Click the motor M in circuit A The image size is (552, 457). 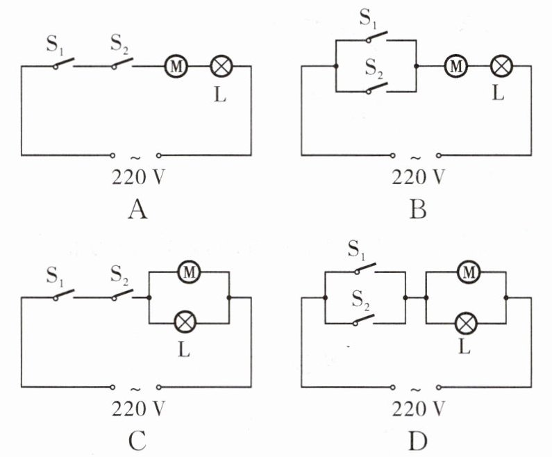pyautogui.click(x=176, y=66)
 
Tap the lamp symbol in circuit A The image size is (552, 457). pyautogui.click(x=221, y=66)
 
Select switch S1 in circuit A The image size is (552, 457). pyautogui.click(x=64, y=63)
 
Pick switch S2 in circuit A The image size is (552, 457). pyautogui.click(x=122, y=63)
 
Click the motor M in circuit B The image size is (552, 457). pyautogui.click(x=456, y=66)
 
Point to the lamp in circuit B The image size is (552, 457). pyautogui.click(x=501, y=66)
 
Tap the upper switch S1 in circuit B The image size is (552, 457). pyautogui.click(x=377, y=37)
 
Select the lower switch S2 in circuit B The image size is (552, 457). pyautogui.click(x=377, y=88)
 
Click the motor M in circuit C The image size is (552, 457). pyautogui.click(x=189, y=272)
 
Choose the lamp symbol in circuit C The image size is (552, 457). pyautogui.click(x=185, y=322)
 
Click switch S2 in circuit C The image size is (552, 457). pyautogui.click(x=122, y=294)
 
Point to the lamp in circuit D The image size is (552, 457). pyautogui.click(x=466, y=323)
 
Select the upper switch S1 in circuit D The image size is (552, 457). pyautogui.click(x=365, y=268)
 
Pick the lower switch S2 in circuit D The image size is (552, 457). pyautogui.click(x=363, y=319)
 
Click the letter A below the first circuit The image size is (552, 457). pyautogui.click(x=137, y=210)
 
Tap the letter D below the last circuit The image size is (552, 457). pyautogui.click(x=418, y=441)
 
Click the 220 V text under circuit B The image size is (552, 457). pyautogui.click(x=419, y=177)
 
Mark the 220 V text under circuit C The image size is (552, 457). pyautogui.click(x=138, y=409)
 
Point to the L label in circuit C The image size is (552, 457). pyautogui.click(x=184, y=349)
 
